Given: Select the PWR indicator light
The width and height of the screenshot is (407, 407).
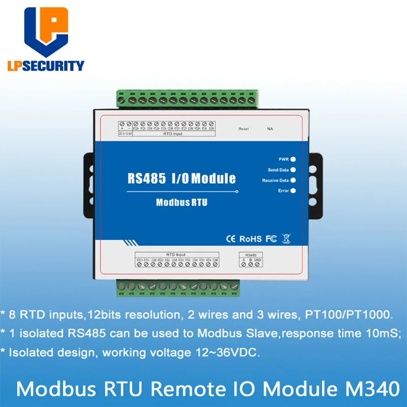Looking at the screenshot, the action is click(x=293, y=159).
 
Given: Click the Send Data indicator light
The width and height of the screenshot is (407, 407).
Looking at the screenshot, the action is click(x=293, y=170).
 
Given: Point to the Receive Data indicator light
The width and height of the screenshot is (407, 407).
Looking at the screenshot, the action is click(x=293, y=180).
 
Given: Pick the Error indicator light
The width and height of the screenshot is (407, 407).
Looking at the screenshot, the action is click(x=293, y=191).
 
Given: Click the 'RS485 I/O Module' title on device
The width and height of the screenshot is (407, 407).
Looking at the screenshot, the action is click(x=182, y=178).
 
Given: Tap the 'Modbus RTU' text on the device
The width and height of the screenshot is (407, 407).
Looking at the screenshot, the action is click(x=182, y=202).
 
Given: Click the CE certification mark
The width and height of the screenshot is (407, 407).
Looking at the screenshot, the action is click(x=229, y=239).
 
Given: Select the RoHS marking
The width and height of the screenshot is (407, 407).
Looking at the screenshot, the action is click(x=250, y=239).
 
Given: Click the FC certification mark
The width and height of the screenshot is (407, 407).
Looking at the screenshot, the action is click(x=271, y=239).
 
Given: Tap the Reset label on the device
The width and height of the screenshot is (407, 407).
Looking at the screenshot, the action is click(x=244, y=129).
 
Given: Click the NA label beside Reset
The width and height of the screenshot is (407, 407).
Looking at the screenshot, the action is click(x=270, y=129).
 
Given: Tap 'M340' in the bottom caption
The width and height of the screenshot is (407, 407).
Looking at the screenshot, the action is click(x=374, y=389).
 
